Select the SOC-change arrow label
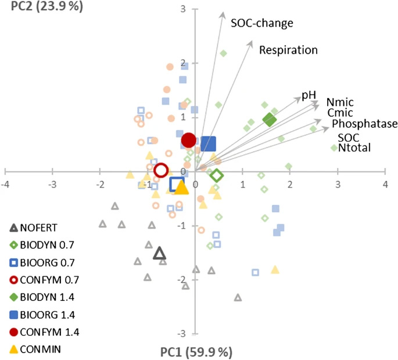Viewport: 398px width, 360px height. (x=261, y=23)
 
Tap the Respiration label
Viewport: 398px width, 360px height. (x=288, y=50)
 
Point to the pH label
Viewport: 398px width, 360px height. (x=309, y=95)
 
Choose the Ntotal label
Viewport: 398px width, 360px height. (x=354, y=148)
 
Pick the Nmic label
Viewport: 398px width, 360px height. (x=340, y=102)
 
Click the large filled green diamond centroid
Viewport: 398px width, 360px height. (x=270, y=120)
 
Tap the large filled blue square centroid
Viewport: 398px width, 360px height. (x=208, y=143)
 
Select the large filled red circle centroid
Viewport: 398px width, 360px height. (x=188, y=140)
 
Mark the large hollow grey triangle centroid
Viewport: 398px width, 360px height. (x=160, y=253)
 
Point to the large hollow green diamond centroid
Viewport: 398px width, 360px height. (x=216, y=175)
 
